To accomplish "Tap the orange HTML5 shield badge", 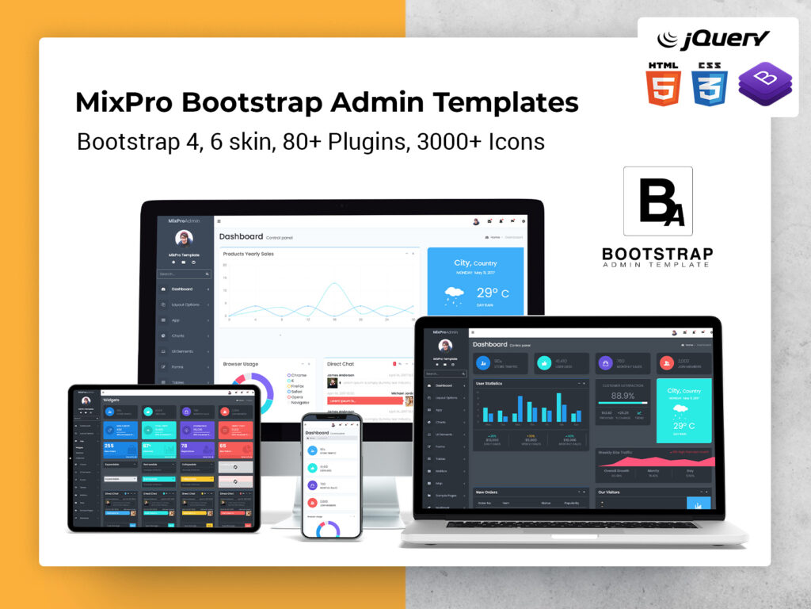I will click(663, 83).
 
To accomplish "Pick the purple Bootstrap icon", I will click(758, 85).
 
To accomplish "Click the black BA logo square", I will click(657, 201).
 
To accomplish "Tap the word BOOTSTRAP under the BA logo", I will click(657, 254).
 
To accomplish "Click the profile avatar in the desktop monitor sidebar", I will click(184, 238).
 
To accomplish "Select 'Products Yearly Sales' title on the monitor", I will click(249, 254).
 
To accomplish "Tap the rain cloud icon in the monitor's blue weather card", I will click(455, 295).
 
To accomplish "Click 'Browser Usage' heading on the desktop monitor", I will click(241, 364).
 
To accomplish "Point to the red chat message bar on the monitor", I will click(364, 400).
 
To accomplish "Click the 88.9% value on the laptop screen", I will click(623, 396).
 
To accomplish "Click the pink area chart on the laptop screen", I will click(654, 461).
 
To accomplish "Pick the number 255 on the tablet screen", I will click(109, 446).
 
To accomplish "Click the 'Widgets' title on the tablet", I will click(112, 400).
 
